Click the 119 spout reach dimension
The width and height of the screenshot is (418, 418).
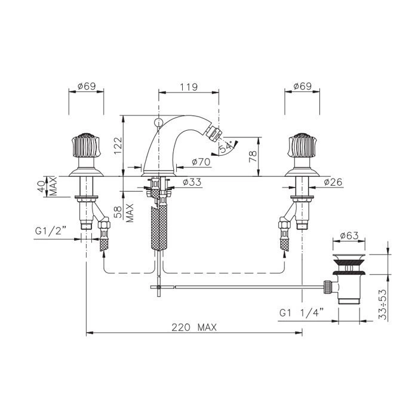point(189,87)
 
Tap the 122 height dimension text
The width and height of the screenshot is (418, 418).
point(118,146)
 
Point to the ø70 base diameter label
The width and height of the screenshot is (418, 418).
point(201,162)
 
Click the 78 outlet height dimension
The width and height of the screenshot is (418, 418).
point(253,156)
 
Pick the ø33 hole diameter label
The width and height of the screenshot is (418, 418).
point(192,182)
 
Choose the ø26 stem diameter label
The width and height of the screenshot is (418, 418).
point(333,182)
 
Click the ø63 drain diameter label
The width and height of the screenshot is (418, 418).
point(349,236)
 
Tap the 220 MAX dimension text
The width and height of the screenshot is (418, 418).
point(194,327)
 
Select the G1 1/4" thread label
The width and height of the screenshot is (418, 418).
point(302,312)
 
